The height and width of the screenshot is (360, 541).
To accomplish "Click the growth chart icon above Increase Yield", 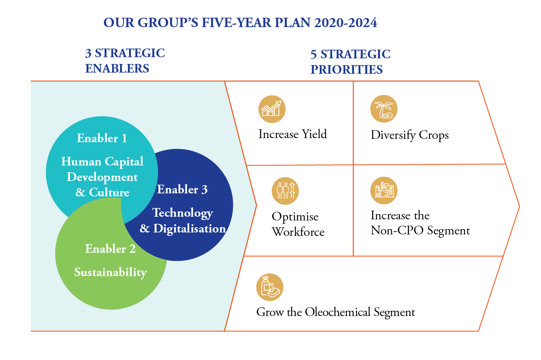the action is click(x=272, y=109).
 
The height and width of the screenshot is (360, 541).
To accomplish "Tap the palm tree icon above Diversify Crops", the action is click(x=384, y=109).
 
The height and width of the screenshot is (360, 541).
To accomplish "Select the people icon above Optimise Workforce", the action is click(x=285, y=191).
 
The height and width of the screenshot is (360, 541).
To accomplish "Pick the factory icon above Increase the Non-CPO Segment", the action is click(x=384, y=190).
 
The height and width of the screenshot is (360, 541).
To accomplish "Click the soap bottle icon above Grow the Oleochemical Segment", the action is click(x=270, y=287).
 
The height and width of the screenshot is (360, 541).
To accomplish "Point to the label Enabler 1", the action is click(x=102, y=138).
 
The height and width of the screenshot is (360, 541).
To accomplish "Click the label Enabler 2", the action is click(x=110, y=249).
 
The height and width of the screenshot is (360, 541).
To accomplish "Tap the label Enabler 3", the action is click(x=182, y=190).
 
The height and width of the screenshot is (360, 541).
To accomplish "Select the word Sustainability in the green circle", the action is click(x=110, y=273).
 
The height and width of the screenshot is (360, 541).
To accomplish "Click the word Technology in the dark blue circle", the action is click(x=182, y=213).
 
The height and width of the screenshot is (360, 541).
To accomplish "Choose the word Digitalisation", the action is click(x=190, y=229).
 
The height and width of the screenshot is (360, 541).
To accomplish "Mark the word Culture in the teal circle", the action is click(x=109, y=193).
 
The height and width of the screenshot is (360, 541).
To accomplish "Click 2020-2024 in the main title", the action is click(x=346, y=23).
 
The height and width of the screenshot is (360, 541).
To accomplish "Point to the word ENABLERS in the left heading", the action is click(x=117, y=68).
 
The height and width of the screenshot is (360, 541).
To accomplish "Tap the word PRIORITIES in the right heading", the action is click(x=346, y=70).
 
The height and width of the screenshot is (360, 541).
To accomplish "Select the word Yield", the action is click(x=315, y=134).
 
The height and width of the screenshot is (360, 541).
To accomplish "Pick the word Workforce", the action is click(x=298, y=232).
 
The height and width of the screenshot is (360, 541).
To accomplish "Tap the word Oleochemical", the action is click(x=337, y=312).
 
